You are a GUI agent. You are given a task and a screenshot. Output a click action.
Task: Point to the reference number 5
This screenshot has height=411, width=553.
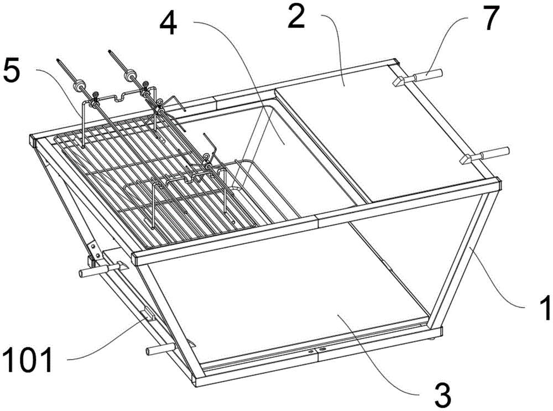pyautogui.click(x=12, y=71)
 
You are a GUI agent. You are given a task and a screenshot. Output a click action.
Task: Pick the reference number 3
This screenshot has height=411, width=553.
pyautogui.click(x=441, y=396)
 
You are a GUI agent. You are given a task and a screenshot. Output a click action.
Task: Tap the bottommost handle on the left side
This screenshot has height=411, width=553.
pyautogui.click(x=160, y=350)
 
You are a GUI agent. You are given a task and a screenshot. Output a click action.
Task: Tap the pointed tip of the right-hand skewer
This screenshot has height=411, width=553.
pyautogui.click(x=111, y=51)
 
